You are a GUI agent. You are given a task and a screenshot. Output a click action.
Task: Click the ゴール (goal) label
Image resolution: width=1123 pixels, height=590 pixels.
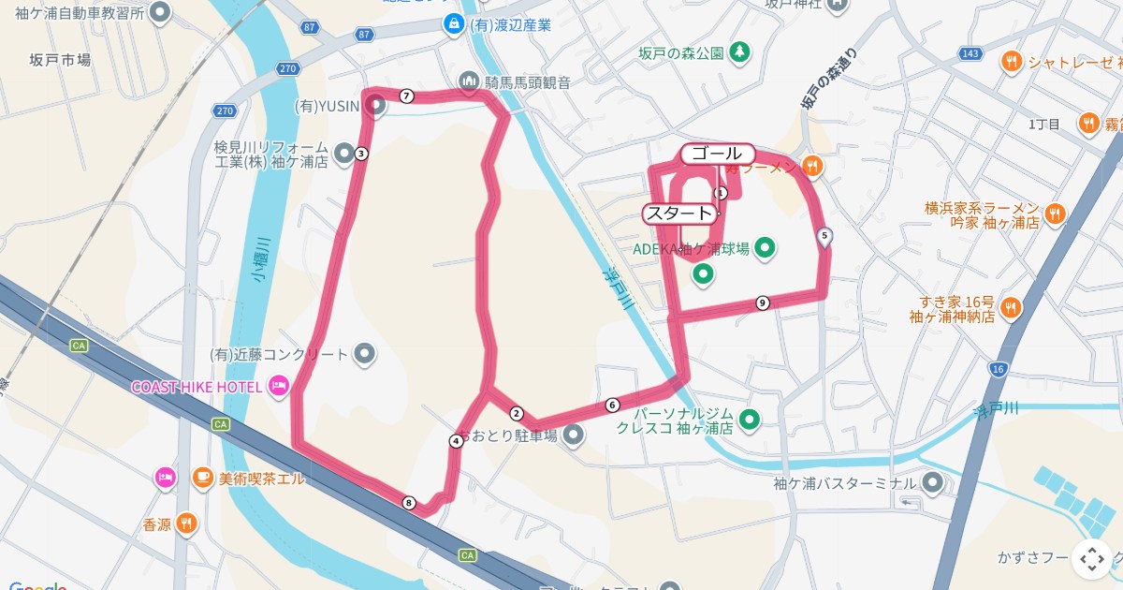click(717, 153)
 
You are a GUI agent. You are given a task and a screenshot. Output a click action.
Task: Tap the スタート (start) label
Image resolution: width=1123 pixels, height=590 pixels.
click(679, 213)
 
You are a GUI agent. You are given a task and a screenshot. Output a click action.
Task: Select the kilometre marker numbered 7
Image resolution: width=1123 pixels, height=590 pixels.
click(406, 96)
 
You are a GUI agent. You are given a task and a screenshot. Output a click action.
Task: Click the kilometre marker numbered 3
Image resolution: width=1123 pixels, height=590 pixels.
click(361, 155)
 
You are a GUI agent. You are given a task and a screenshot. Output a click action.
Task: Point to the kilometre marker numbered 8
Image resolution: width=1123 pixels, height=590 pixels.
click(408, 503)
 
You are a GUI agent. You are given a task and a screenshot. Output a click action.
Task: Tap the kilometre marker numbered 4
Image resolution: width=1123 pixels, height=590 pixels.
click(456, 441)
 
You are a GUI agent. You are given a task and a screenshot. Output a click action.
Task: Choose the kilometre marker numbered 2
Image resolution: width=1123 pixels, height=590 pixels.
click(516, 413)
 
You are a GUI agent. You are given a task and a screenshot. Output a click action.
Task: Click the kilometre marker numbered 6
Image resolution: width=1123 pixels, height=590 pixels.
click(612, 406)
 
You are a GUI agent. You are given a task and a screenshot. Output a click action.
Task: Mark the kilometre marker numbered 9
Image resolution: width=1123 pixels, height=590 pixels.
click(763, 302)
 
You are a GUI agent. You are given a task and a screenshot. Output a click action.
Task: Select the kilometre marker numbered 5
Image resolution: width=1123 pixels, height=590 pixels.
click(824, 236)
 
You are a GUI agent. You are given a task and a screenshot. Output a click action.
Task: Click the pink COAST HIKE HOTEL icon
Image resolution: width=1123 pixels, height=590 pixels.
click(278, 386)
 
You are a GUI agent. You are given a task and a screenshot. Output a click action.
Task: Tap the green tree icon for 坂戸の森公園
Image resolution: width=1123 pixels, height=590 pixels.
click(740, 52)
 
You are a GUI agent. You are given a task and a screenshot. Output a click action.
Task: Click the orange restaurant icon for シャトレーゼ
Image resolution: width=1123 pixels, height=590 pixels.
click(1011, 62)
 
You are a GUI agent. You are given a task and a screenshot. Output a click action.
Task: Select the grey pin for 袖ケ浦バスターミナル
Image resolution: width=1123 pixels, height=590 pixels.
click(932, 483)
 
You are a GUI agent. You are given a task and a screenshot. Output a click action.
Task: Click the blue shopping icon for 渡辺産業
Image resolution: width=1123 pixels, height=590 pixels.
click(454, 23)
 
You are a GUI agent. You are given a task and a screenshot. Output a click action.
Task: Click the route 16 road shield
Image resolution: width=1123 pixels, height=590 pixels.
click(998, 369)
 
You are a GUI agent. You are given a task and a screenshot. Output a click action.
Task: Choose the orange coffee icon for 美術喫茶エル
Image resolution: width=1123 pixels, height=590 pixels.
click(202, 478)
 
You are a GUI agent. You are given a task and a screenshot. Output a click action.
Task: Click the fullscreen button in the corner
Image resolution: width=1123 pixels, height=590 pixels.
click(1091, 559)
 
